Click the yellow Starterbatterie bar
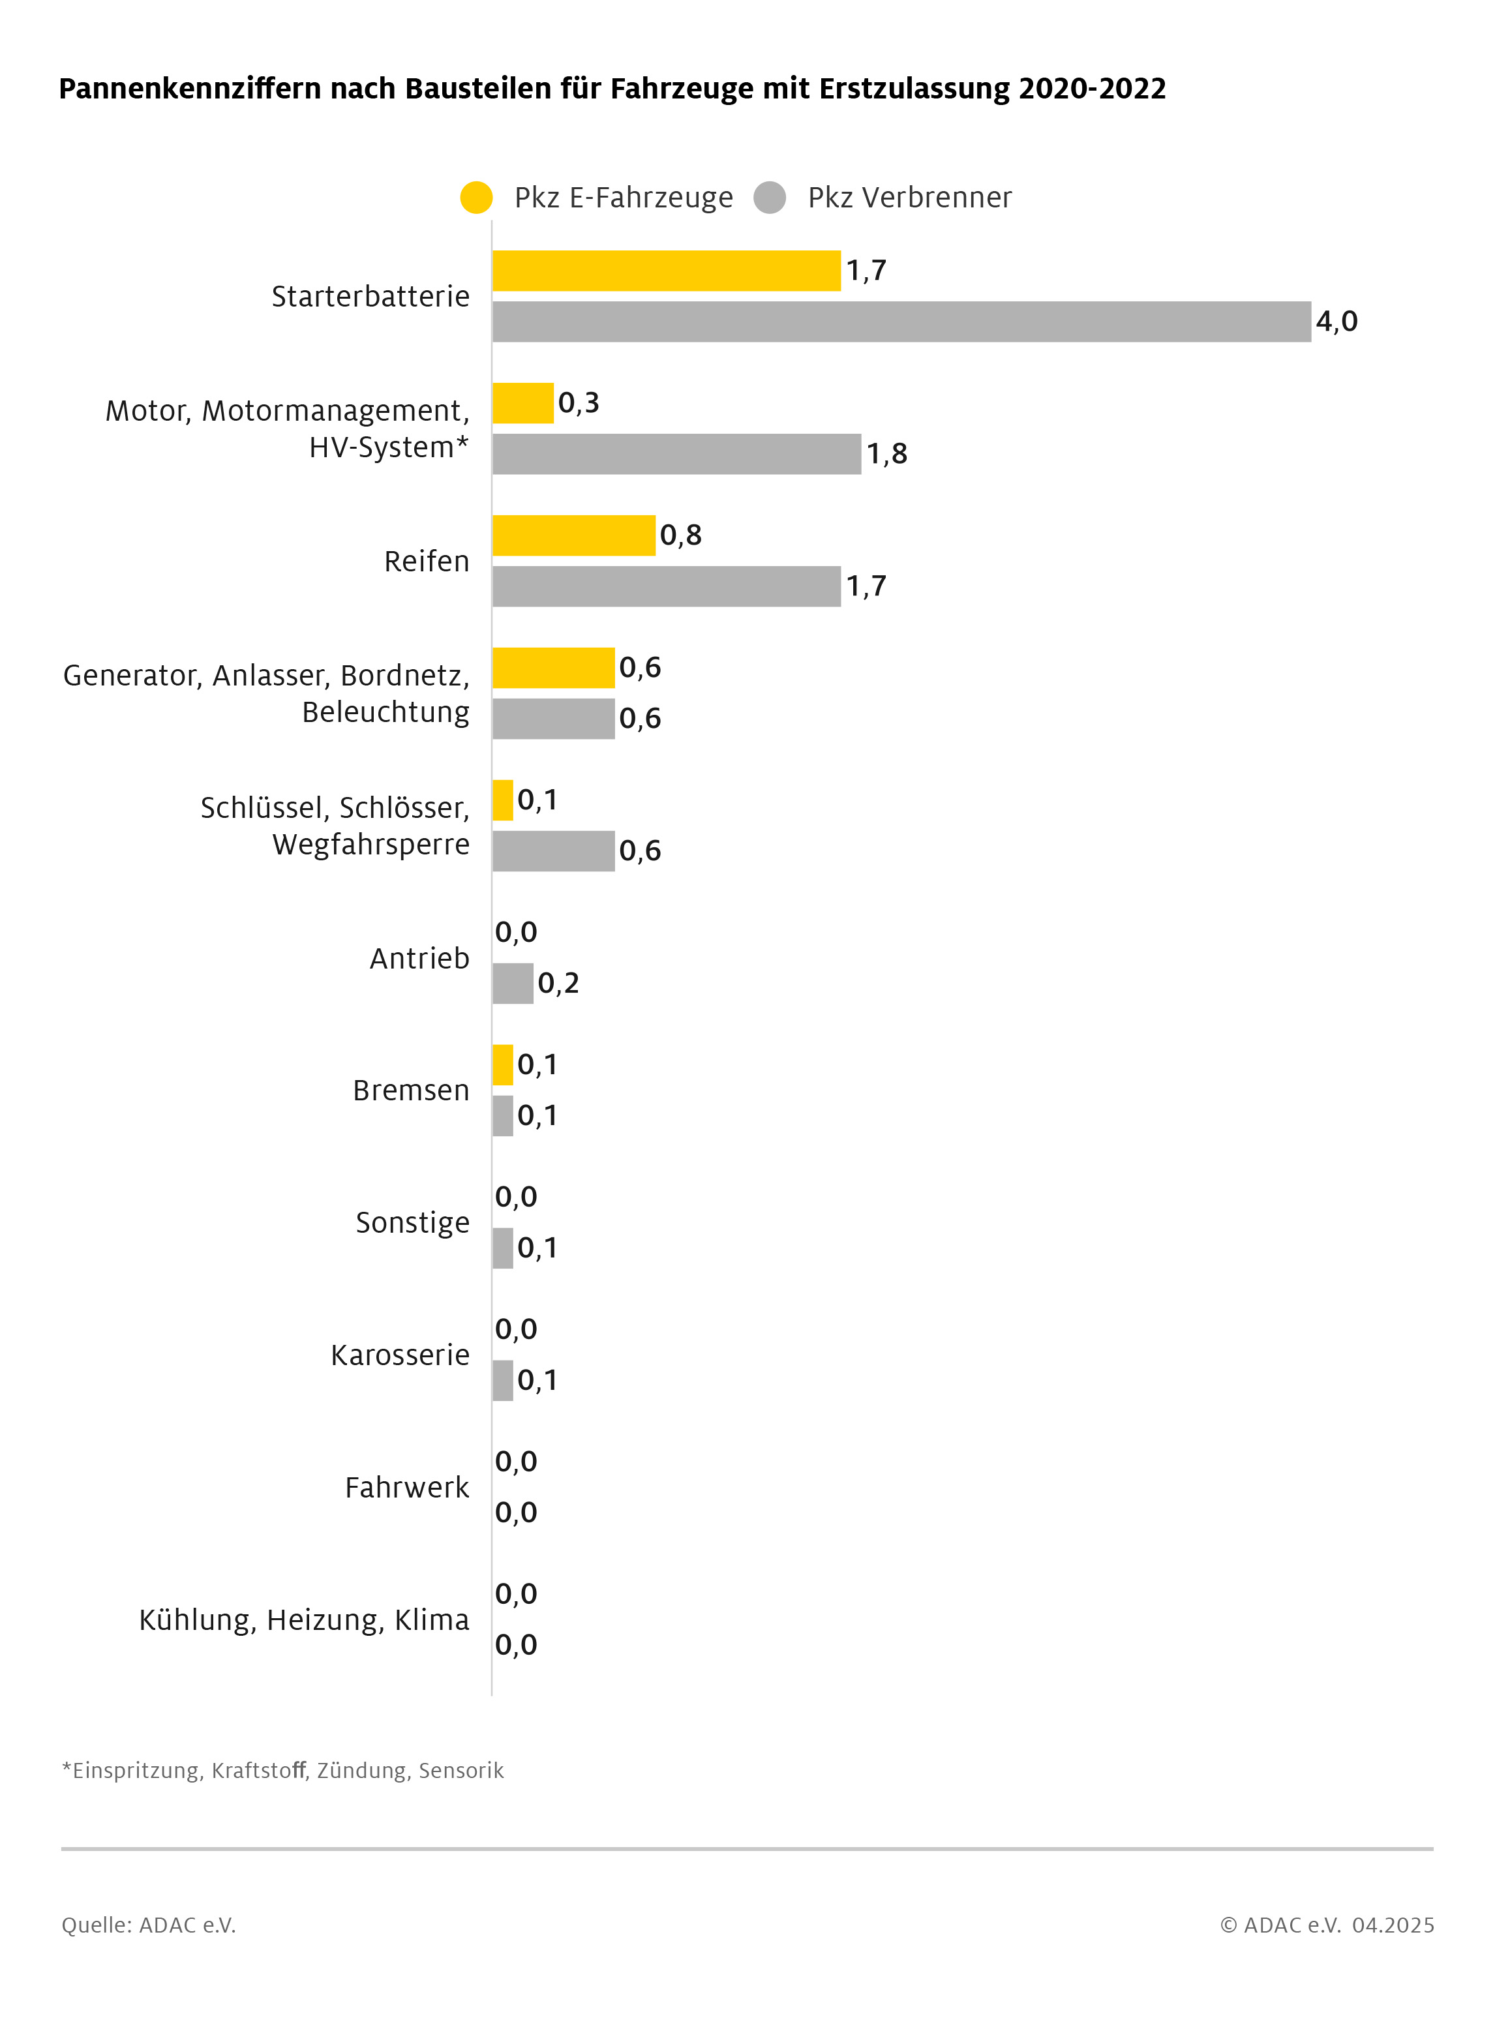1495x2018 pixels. tap(666, 271)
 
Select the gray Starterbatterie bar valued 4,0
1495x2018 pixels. tap(901, 322)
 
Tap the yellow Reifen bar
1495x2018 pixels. tap(574, 535)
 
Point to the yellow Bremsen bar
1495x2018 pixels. tap(503, 1064)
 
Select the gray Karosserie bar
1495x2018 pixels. tap(503, 1380)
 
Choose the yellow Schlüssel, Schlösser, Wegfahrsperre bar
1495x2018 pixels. tap(503, 800)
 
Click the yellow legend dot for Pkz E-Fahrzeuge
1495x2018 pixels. tap(476, 197)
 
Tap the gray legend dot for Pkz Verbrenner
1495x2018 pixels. tap(769, 197)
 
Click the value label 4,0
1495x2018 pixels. tap(1336, 322)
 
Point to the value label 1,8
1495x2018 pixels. tap(887, 453)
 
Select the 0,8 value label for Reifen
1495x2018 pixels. tap(680, 535)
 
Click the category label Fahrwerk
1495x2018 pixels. tap(407, 1487)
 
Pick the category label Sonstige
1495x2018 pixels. tap(413, 1222)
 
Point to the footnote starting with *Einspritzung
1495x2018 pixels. tap(282, 1770)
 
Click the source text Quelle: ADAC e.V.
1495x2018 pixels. tap(149, 1925)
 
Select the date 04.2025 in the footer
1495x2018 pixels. tap(1393, 1925)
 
